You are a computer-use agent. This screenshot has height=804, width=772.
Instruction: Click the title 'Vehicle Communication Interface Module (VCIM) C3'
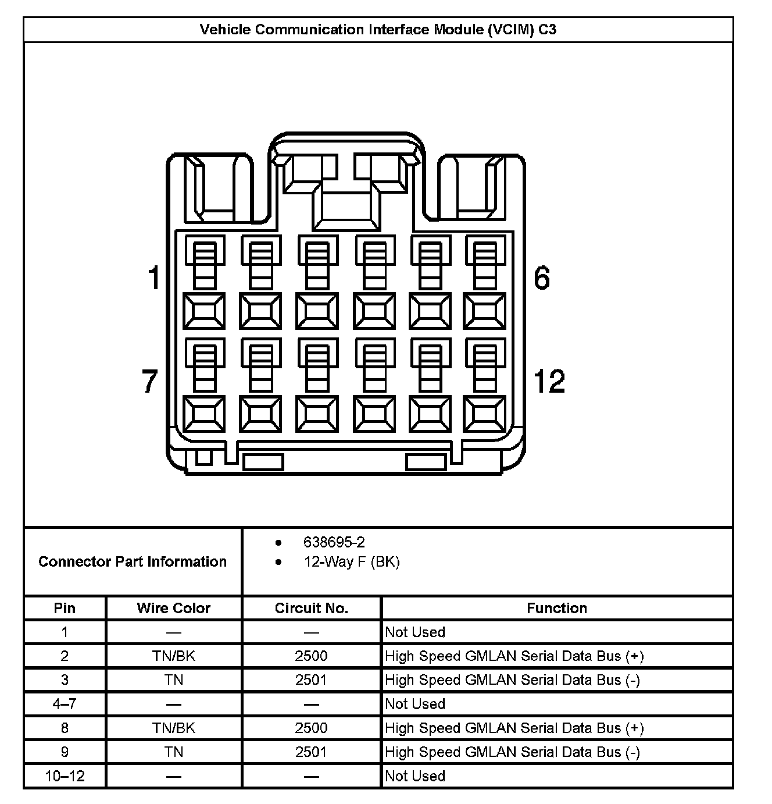(x=378, y=30)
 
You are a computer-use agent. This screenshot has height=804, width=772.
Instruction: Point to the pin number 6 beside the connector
(x=541, y=278)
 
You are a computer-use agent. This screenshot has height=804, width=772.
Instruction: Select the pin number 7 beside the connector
(x=150, y=382)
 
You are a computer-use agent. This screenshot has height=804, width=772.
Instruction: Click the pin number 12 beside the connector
(x=549, y=382)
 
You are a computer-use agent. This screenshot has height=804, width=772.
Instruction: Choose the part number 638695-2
(x=334, y=542)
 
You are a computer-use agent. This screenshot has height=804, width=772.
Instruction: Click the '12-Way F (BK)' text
(x=351, y=561)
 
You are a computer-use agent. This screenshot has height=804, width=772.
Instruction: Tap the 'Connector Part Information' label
(x=133, y=561)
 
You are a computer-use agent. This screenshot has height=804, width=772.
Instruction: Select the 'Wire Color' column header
(x=173, y=608)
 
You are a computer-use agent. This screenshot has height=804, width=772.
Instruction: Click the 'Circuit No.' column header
(x=311, y=608)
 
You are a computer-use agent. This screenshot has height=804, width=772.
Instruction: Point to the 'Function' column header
(x=556, y=608)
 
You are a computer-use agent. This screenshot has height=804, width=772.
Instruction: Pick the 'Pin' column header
(x=65, y=608)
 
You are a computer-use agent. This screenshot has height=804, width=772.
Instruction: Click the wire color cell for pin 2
(x=173, y=656)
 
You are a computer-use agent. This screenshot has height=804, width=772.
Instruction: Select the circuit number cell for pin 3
(x=311, y=680)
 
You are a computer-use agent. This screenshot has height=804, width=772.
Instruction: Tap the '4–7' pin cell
(x=65, y=704)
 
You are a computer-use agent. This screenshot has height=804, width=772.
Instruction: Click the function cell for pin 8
(x=514, y=728)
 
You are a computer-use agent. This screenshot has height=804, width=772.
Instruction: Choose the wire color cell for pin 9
(x=173, y=752)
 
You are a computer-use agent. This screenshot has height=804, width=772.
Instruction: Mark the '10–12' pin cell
(x=65, y=776)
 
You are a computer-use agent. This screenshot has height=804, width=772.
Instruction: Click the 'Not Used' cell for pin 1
(x=415, y=632)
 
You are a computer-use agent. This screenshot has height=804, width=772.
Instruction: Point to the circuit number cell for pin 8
(x=311, y=728)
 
